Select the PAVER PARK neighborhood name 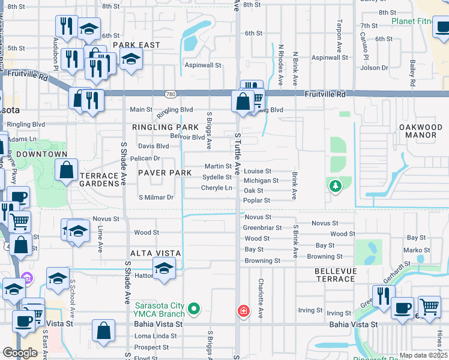point(164,173)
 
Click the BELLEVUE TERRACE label point(335,275)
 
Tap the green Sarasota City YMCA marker point(193,310)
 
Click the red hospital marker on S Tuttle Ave point(243,311)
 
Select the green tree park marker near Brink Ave point(334,186)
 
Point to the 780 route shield point(171,94)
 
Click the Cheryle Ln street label point(217,188)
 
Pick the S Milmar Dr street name point(155,197)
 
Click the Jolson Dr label point(375,68)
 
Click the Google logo point(20,353)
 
